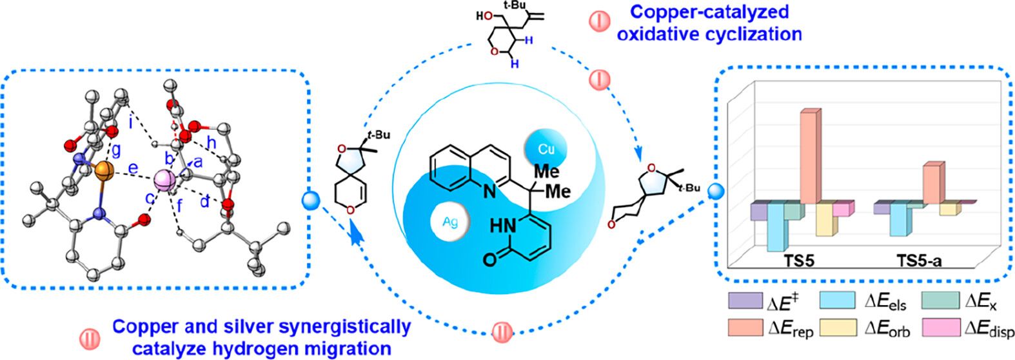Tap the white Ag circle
pos(450,223)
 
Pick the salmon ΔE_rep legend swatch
pos(745,327)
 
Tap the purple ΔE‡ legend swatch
pos(745,301)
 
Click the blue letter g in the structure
pos(116,151)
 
